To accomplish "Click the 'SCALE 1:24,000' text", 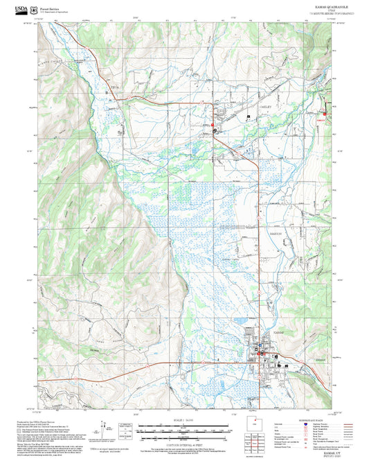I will (x=185, y=420).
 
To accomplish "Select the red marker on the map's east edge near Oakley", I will (x=325, y=114).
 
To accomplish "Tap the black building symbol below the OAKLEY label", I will (x=249, y=114).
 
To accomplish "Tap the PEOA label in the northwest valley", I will (x=115, y=88).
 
